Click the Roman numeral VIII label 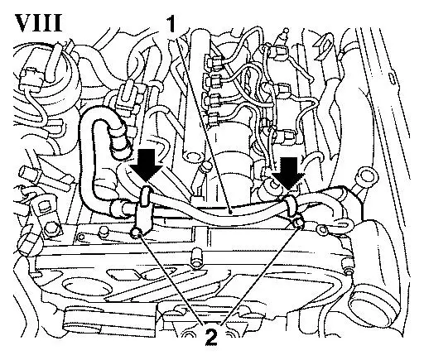[38, 22]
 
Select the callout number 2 [211, 334]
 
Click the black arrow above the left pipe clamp [147, 166]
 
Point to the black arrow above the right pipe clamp [289, 172]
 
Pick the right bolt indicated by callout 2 [298, 222]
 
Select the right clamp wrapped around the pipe [290, 204]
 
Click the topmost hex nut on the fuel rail [214, 62]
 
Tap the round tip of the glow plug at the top [287, 30]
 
